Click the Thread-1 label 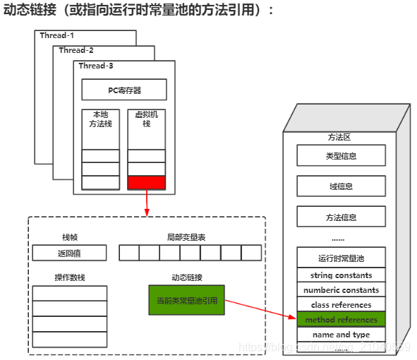point(56,35)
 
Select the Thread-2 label point(76,50)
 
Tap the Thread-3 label point(95,66)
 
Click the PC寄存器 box point(124,90)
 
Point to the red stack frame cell point(146,183)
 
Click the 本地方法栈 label point(100,119)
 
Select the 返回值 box point(69,253)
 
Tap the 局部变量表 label point(184,237)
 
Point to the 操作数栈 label point(69,277)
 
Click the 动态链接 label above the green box point(186,277)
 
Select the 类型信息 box point(341,155)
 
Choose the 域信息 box point(341,186)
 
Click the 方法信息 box point(341,217)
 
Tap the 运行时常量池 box point(341,258)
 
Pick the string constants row point(341,275)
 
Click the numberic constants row point(341,290)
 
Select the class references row point(341,305)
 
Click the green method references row point(341,320)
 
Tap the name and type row point(341,335)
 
